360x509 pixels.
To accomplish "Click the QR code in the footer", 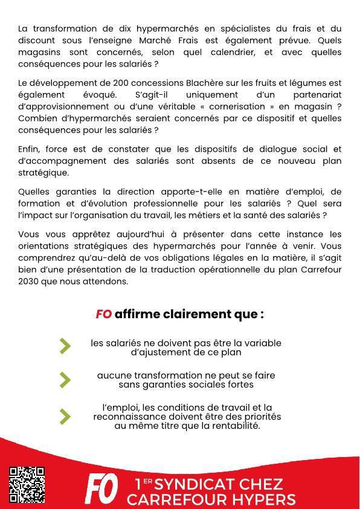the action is pyautogui.click(x=27, y=484).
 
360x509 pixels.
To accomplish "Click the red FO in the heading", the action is pyautogui.click(x=103, y=314).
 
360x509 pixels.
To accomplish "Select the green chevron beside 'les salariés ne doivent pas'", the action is pyautogui.click(x=65, y=345).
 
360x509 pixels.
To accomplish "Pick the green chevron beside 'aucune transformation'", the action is pyautogui.click(x=65, y=379).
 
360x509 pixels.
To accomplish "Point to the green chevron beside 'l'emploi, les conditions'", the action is pyautogui.click(x=65, y=417).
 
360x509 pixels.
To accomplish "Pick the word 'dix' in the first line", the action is pyautogui.click(x=109, y=28).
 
